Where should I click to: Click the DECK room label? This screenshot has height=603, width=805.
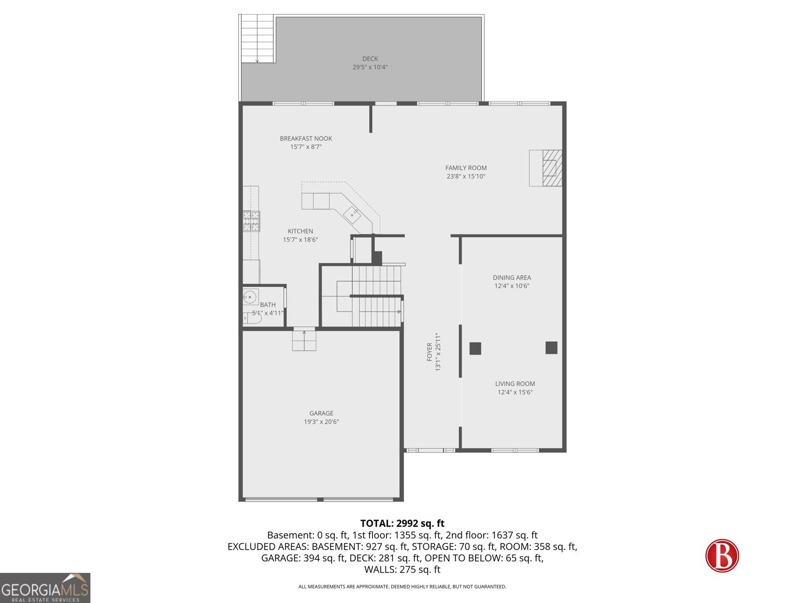pyautogui.click(x=370, y=59)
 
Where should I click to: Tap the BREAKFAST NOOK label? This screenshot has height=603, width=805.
pyautogui.click(x=306, y=138)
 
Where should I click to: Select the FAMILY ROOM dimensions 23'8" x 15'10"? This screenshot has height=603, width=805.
pyautogui.click(x=466, y=176)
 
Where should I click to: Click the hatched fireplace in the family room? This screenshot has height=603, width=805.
pyautogui.click(x=552, y=168)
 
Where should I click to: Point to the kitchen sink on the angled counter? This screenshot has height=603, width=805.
pyautogui.click(x=352, y=215)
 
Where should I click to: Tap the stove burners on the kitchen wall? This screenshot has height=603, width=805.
pyautogui.click(x=252, y=221)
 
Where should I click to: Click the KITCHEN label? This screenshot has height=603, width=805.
pyautogui.click(x=300, y=231)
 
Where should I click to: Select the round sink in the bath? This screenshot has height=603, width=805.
pyautogui.click(x=250, y=297)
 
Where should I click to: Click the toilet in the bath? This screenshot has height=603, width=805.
pyautogui.click(x=253, y=318)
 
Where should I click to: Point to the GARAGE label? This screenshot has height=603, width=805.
pyautogui.click(x=321, y=413)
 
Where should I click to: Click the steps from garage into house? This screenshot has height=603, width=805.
pyautogui.click(x=304, y=341)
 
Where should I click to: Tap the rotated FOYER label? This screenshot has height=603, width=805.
pyautogui.click(x=430, y=352)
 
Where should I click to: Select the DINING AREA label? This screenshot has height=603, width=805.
pyautogui.click(x=512, y=277)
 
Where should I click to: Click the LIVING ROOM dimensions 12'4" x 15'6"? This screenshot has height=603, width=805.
pyautogui.click(x=515, y=392)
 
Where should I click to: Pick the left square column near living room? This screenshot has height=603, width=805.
pyautogui.click(x=475, y=348)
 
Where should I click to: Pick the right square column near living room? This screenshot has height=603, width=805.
pyautogui.click(x=551, y=348)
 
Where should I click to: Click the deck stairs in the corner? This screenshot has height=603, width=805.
pyautogui.click(x=257, y=39)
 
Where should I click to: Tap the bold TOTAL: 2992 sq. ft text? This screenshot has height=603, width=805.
pyautogui.click(x=403, y=523)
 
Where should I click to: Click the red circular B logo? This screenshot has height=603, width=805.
pyautogui.click(x=722, y=555)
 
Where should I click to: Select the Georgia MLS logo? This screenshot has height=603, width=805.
pyautogui.click(x=45, y=587)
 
